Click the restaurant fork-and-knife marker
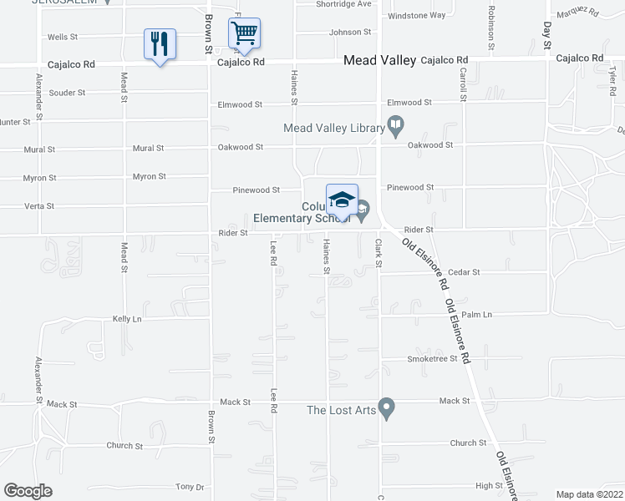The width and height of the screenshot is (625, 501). (160, 43)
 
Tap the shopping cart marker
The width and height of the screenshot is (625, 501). (244, 34)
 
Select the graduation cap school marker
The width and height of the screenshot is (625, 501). (342, 200)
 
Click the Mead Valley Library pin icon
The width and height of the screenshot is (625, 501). (396, 127)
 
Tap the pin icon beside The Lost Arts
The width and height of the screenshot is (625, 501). (385, 409)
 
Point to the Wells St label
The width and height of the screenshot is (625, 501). (62, 38)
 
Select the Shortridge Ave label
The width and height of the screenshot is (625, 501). (343, 4)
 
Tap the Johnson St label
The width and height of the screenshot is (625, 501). (350, 32)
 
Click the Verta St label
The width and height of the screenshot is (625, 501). (39, 205)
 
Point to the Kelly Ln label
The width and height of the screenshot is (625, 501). (127, 319)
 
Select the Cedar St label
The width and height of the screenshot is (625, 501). (464, 272)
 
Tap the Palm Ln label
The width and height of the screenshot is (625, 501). (476, 315)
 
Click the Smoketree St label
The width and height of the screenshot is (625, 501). (433, 358)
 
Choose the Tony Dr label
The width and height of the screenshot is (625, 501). (190, 487)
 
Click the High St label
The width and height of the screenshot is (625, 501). (489, 485)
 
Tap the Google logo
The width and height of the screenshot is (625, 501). (28, 490)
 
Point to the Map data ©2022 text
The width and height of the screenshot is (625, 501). (588, 494)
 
